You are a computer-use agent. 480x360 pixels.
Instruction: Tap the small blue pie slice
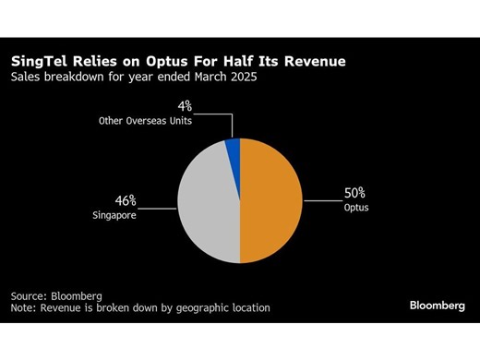233,149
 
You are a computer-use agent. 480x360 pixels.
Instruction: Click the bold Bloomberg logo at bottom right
438,305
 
